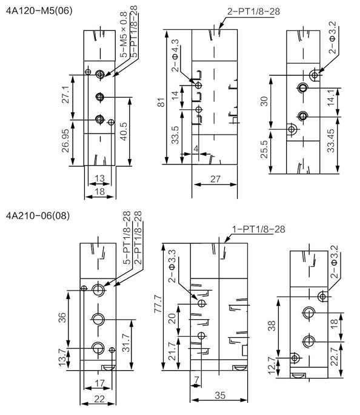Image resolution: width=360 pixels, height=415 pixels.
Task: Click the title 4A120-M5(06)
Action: point(39,11)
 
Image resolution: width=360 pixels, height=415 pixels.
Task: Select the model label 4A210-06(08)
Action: point(38,216)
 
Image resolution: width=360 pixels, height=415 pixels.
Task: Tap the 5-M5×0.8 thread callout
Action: point(124,35)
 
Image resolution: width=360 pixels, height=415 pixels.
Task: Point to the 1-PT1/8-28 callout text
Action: point(259,229)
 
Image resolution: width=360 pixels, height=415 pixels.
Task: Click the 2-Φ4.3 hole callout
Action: point(175,56)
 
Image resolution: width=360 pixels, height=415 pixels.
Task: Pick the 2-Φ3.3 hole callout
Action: point(172,266)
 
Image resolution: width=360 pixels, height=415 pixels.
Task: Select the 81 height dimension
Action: point(161,103)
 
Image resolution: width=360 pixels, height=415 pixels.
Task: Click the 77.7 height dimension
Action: point(158,304)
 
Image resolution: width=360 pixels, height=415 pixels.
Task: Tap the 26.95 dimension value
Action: point(65,141)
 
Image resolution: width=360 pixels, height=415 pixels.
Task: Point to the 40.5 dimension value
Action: point(123,131)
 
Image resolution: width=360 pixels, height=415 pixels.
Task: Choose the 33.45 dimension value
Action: point(331,141)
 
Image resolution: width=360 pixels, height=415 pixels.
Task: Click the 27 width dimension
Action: point(215,179)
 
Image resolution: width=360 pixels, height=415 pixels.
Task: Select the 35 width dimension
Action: point(220,396)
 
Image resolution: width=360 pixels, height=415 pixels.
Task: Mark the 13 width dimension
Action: point(99,178)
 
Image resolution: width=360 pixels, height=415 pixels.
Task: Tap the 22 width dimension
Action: point(99,399)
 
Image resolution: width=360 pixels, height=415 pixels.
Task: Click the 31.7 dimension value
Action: point(127,343)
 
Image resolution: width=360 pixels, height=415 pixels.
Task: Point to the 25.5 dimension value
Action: point(264,149)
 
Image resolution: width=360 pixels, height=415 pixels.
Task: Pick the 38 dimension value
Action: point(272,326)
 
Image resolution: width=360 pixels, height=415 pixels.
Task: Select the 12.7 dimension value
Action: point(272,365)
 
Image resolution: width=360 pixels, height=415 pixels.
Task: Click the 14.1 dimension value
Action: point(332,98)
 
